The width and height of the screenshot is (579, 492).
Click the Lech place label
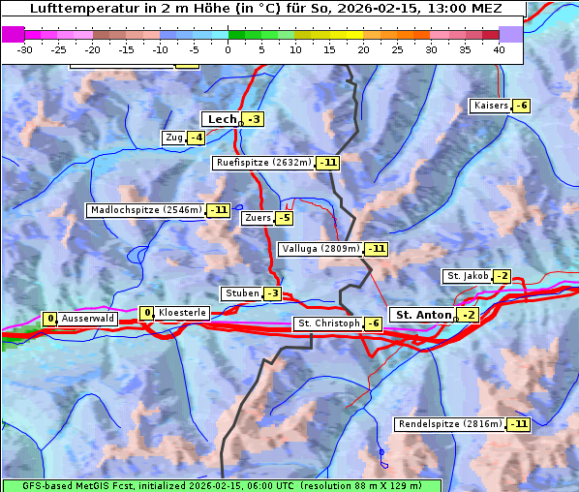[222, 119]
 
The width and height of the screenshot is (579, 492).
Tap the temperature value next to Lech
[253, 119]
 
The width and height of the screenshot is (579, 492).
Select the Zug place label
[174, 138]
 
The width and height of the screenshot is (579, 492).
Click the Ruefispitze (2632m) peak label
[263, 163]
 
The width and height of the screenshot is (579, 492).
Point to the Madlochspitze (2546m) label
[145, 210]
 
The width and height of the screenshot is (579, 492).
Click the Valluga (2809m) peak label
[320, 249]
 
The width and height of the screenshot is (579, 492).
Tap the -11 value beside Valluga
[377, 249]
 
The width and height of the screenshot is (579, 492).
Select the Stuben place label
[241, 293]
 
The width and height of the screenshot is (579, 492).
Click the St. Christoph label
[327, 323]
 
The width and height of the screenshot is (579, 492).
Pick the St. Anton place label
[424, 315]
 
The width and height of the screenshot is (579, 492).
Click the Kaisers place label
[490, 106]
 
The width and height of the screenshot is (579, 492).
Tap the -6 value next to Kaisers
[521, 106]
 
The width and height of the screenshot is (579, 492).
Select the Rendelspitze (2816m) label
[450, 424]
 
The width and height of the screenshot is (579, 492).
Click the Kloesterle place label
[181, 313]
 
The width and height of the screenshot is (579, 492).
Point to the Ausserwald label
[88, 319]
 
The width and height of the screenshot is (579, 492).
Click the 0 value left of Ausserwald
[50, 319]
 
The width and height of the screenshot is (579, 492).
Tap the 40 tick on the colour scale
[499, 49]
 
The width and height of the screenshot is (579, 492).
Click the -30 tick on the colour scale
[25, 49]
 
